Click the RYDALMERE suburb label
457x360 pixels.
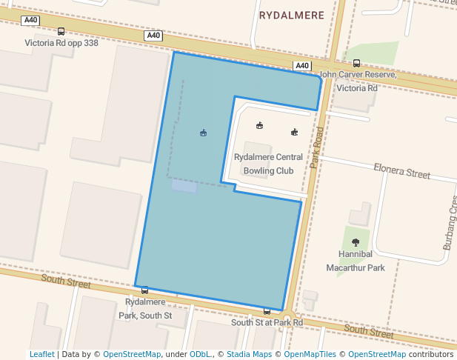pyautogui.click(x=292, y=14)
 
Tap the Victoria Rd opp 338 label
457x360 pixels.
pyautogui.click(x=61, y=42)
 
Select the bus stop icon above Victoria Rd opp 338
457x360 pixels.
pyautogui.click(x=61, y=32)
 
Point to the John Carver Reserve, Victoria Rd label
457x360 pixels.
pyautogui.click(x=358, y=81)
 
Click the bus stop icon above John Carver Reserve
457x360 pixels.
pyautogui.click(x=356, y=64)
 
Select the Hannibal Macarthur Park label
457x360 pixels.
pyautogui.click(x=356, y=261)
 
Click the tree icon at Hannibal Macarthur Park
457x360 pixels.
pyautogui.click(x=356, y=242)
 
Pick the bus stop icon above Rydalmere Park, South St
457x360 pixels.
pyautogui.click(x=144, y=290)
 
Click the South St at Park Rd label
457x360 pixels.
pyautogui.click(x=267, y=322)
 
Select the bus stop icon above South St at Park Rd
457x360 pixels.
pyautogui.click(x=267, y=311)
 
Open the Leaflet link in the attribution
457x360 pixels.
pyautogui.click(x=41, y=354)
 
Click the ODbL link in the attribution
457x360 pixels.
pyautogui.click(x=200, y=354)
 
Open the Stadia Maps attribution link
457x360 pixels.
pyautogui.click(x=248, y=354)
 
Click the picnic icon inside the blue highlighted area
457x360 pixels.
pyautogui.click(x=203, y=133)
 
